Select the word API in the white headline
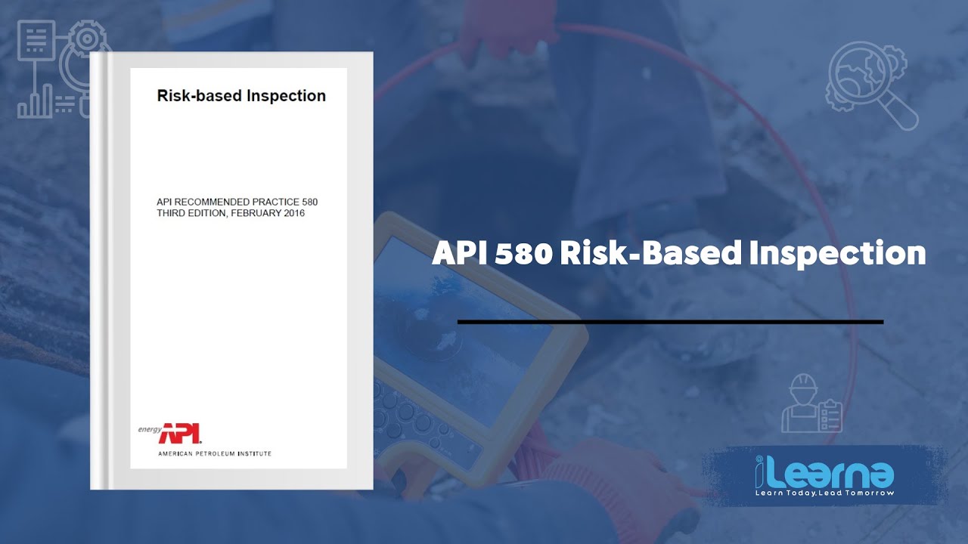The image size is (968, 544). pyautogui.click(x=459, y=254)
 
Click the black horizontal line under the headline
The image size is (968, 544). pyautogui.click(x=670, y=322)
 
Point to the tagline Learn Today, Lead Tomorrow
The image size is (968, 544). pyautogui.click(x=824, y=493)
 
